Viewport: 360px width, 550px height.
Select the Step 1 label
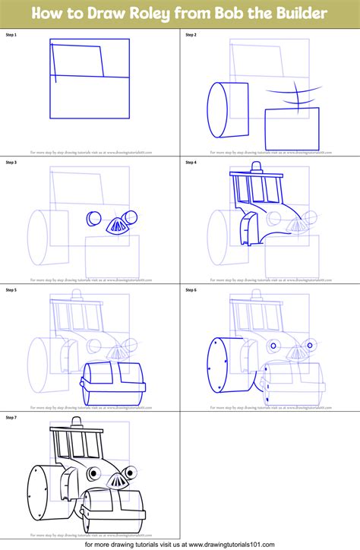click(x=11, y=35)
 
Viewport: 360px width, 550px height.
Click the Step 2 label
click(x=191, y=35)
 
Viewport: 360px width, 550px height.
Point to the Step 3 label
click(x=11, y=162)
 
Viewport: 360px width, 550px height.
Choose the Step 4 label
click(x=191, y=162)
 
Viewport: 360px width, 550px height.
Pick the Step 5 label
click(x=11, y=289)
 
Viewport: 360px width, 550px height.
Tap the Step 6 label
click(x=191, y=289)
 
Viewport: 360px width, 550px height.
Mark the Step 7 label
click(x=11, y=417)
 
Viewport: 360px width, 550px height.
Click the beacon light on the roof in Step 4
click(x=256, y=166)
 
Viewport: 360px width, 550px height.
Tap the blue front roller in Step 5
click(x=113, y=376)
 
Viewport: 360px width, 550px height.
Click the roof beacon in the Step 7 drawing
click(x=77, y=422)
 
